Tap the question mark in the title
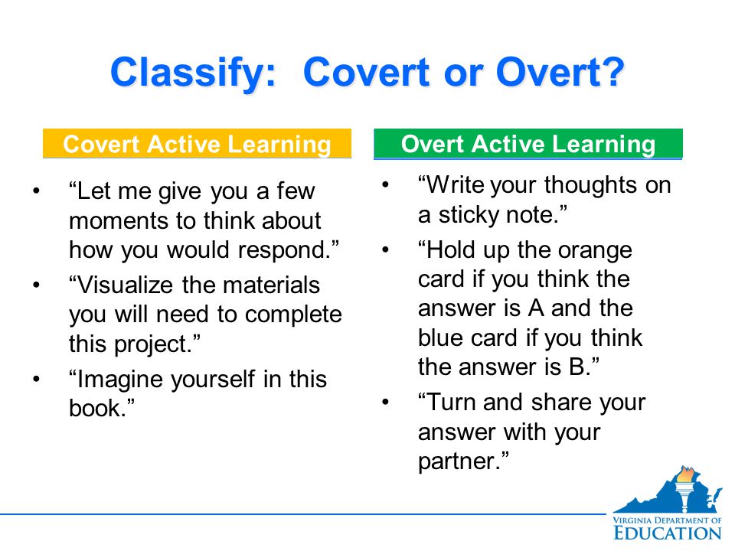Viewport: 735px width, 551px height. [612, 72]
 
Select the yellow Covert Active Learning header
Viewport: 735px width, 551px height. [197, 143]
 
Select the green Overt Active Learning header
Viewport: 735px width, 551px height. [528, 144]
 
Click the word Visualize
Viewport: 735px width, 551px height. [125, 285]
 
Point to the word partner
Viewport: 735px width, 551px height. [459, 461]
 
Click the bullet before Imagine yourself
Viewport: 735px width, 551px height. [37, 379]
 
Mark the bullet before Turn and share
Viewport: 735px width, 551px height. [386, 402]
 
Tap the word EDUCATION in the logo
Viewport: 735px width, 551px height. [668, 533]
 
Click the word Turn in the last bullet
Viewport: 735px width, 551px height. [451, 403]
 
